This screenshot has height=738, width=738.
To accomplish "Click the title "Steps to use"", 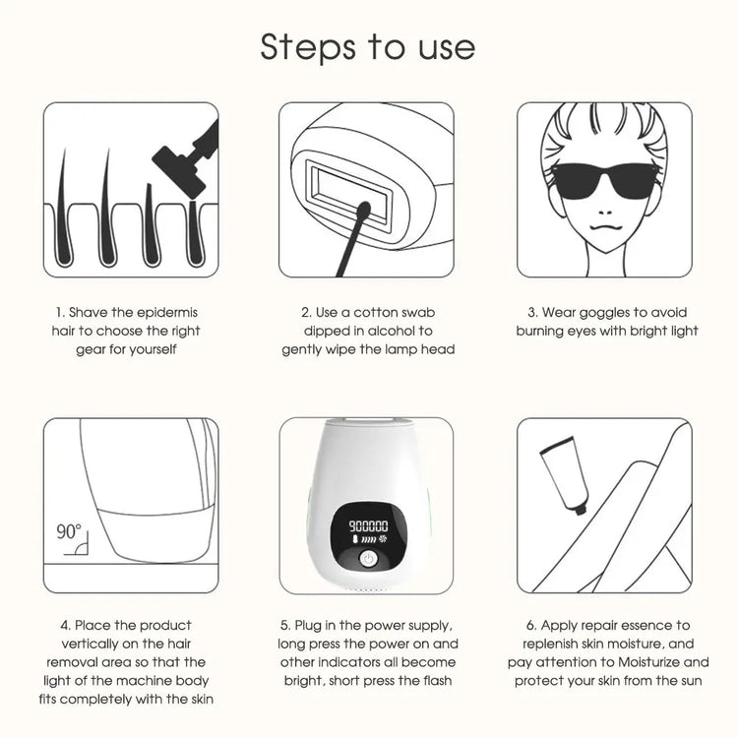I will [368, 46].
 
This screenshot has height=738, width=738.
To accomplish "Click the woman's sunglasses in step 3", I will [603, 180].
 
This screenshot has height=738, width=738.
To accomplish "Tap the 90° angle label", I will [69, 531].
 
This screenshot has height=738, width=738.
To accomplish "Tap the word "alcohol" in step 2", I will [407, 331].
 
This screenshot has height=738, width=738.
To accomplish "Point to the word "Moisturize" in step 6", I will [671, 662].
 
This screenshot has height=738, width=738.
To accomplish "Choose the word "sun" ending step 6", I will [690, 681].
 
